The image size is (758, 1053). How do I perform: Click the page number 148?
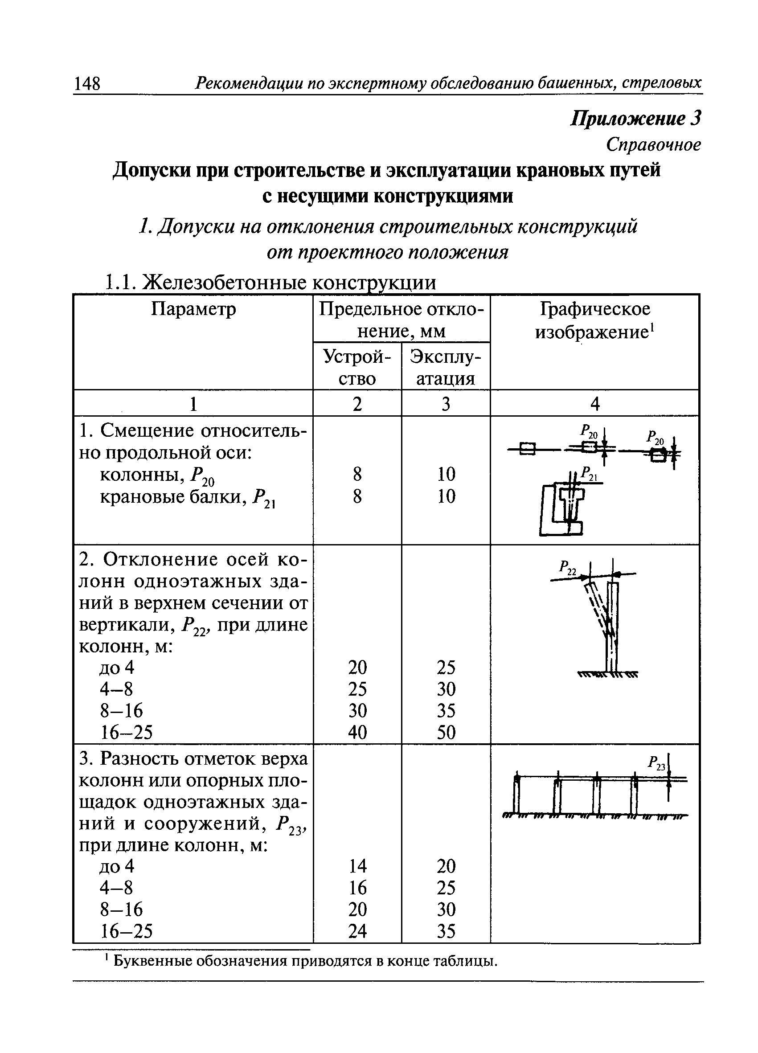tap(87, 84)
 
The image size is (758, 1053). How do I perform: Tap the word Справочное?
tap(653, 145)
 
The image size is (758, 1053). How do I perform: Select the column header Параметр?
tap(193, 309)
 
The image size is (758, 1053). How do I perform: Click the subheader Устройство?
tap(357, 367)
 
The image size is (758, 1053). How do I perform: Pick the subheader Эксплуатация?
tap(445, 367)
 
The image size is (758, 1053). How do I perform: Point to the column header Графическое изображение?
tap(594, 320)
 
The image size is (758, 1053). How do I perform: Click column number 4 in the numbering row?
tap(594, 404)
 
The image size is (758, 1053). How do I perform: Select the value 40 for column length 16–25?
tap(357, 732)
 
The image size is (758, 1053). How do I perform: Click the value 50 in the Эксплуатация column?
tap(446, 732)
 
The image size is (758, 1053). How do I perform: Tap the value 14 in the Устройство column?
tap(357, 866)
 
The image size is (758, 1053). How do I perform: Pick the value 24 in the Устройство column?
tap(357, 931)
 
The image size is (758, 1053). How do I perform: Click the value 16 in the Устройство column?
tap(357, 888)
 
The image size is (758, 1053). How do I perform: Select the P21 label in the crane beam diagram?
tap(590, 474)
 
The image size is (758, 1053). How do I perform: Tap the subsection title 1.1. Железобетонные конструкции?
tap(270, 282)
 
